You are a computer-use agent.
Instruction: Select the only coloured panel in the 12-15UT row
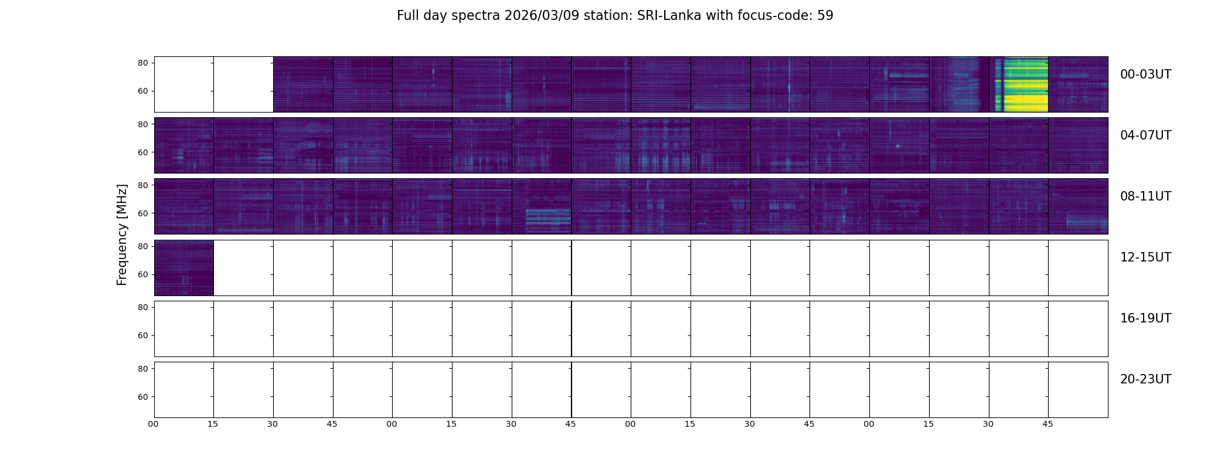pyautogui.click(x=183, y=268)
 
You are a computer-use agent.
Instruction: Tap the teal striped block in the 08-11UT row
pyautogui.click(x=548, y=216)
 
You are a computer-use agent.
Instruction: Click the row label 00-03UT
pyautogui.click(x=1145, y=74)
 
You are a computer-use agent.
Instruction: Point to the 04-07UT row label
pyautogui.click(x=1145, y=135)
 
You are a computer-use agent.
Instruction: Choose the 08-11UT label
pyautogui.click(x=1145, y=196)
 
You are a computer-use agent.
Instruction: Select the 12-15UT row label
pyautogui.click(x=1145, y=257)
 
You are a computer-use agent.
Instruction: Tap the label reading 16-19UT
pyautogui.click(x=1145, y=318)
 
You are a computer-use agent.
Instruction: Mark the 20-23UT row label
pyautogui.click(x=1145, y=379)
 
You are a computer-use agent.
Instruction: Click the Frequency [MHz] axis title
pyautogui.click(x=122, y=235)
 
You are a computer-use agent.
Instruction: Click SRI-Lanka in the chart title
pyautogui.click(x=669, y=16)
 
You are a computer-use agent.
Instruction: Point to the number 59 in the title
pyautogui.click(x=825, y=16)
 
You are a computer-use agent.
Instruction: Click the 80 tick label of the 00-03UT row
pyautogui.click(x=143, y=63)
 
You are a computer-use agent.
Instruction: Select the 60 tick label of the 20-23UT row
pyautogui.click(x=143, y=397)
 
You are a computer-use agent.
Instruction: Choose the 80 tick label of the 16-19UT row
pyautogui.click(x=143, y=307)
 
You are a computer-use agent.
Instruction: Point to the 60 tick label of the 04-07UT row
pyautogui.click(x=143, y=152)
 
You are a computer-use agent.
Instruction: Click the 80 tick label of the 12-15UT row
pyautogui.click(x=143, y=246)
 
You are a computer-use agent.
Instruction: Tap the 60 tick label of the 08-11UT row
pyautogui.click(x=143, y=213)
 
